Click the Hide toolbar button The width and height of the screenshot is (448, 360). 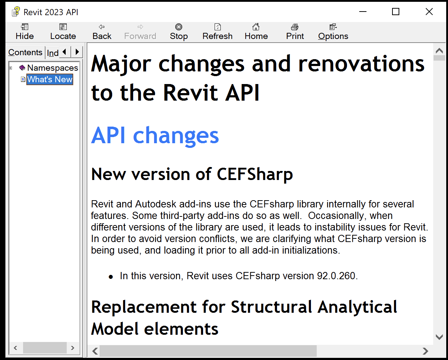pos(25,32)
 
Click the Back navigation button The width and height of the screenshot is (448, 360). pos(102,32)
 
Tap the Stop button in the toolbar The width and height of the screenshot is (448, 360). pos(179,32)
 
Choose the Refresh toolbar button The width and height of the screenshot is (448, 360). pos(217,32)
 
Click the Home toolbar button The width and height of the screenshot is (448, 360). pos(256,32)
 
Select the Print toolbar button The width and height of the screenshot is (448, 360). pos(295,32)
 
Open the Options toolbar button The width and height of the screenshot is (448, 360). pos(333,32)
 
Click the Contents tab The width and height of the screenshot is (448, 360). pos(25,52)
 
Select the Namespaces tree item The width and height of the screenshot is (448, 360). pos(52,68)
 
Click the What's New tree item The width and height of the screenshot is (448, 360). pos(50,79)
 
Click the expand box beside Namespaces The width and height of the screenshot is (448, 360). pos(11,68)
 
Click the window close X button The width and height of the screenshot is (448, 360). pos(429,12)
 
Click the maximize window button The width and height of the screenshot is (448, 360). pos(396,12)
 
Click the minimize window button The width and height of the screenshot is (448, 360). pos(363,12)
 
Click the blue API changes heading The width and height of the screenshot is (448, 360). pos(155,136)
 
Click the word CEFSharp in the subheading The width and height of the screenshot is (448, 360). pos(255,174)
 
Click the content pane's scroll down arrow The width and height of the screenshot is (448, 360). pos(439,337)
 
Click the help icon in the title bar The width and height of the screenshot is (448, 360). pos(16,12)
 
